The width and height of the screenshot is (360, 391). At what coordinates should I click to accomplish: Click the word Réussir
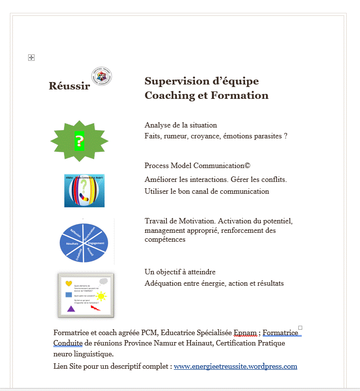click(69, 86)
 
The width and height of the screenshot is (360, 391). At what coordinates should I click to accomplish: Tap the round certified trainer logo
click(102, 76)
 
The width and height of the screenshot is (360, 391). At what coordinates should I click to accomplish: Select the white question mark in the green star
click(79, 142)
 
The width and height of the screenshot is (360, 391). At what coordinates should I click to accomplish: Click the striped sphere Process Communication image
click(84, 190)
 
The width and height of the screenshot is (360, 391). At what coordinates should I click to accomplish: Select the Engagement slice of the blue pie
click(96, 243)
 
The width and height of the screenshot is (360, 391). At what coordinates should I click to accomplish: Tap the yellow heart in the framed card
click(69, 284)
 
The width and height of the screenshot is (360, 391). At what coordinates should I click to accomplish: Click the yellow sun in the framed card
click(101, 296)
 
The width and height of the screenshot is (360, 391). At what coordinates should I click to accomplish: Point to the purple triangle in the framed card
click(71, 308)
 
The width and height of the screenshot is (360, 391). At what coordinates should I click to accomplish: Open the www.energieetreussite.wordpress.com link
click(235, 366)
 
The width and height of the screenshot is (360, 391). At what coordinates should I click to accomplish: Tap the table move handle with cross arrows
click(31, 58)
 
